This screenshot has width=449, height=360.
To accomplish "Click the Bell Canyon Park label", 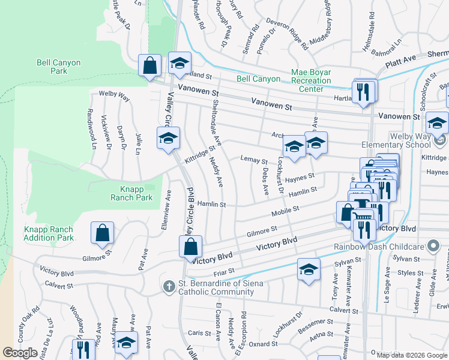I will [51, 66].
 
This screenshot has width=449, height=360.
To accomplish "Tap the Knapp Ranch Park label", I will [132, 192].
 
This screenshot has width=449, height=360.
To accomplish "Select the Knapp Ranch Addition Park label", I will [49, 233].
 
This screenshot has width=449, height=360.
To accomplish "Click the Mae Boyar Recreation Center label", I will [311, 80].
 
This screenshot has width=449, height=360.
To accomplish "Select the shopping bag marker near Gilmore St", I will [102, 233].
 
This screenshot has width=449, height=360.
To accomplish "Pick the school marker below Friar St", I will [308, 271].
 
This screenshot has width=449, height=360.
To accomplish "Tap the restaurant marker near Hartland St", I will [363, 92].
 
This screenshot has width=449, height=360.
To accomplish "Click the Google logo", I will [20, 353].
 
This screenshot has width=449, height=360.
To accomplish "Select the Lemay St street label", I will [253, 160].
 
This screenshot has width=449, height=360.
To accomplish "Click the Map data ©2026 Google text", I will [412, 355].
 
